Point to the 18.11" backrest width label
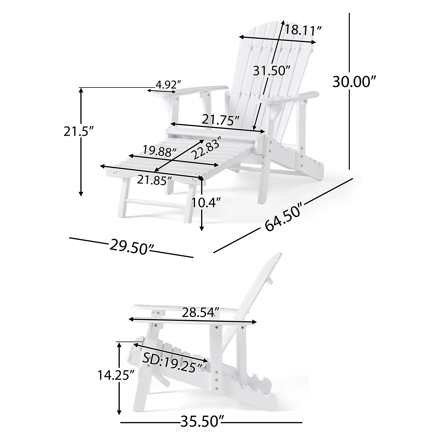pyautogui.click(x=303, y=30)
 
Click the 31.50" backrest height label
pyautogui.click(x=271, y=70)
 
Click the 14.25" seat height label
pyautogui.click(x=113, y=375)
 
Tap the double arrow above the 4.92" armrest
pyautogui.click(x=162, y=91)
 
